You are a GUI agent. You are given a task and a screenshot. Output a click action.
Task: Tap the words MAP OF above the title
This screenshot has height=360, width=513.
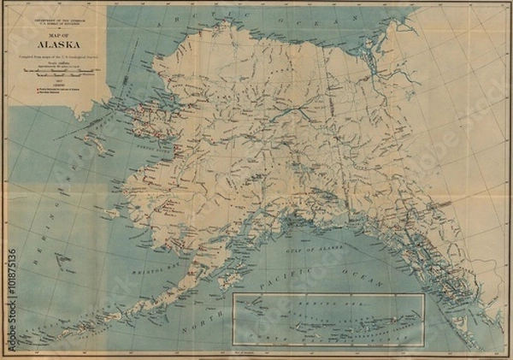(x=56, y=35)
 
